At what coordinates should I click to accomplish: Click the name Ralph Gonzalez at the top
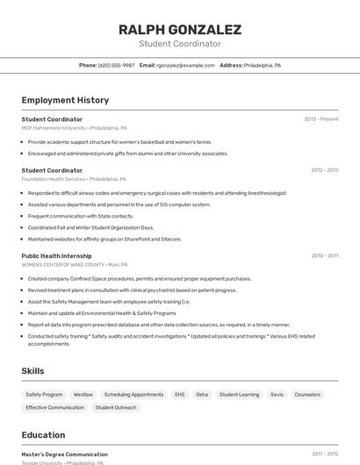click(179, 29)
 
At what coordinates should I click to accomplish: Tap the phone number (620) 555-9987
click(116, 65)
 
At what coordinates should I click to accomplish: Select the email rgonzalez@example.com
click(185, 65)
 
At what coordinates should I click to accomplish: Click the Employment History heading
click(65, 100)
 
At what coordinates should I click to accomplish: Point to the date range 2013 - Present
click(320, 119)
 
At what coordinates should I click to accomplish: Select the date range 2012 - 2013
click(324, 170)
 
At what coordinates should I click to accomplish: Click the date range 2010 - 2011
click(324, 255)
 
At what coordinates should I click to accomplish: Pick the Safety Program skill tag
click(44, 395)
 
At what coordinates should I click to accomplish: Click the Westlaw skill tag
click(83, 395)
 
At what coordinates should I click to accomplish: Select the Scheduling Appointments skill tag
click(133, 395)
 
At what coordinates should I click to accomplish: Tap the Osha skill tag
click(202, 395)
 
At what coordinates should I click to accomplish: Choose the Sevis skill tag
click(277, 395)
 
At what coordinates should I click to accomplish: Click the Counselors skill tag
click(307, 395)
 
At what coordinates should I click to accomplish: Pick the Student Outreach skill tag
click(116, 407)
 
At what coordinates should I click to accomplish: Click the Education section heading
click(43, 435)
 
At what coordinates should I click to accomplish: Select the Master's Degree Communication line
click(64, 454)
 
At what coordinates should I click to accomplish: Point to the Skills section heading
click(32, 371)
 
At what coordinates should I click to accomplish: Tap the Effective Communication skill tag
click(54, 407)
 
